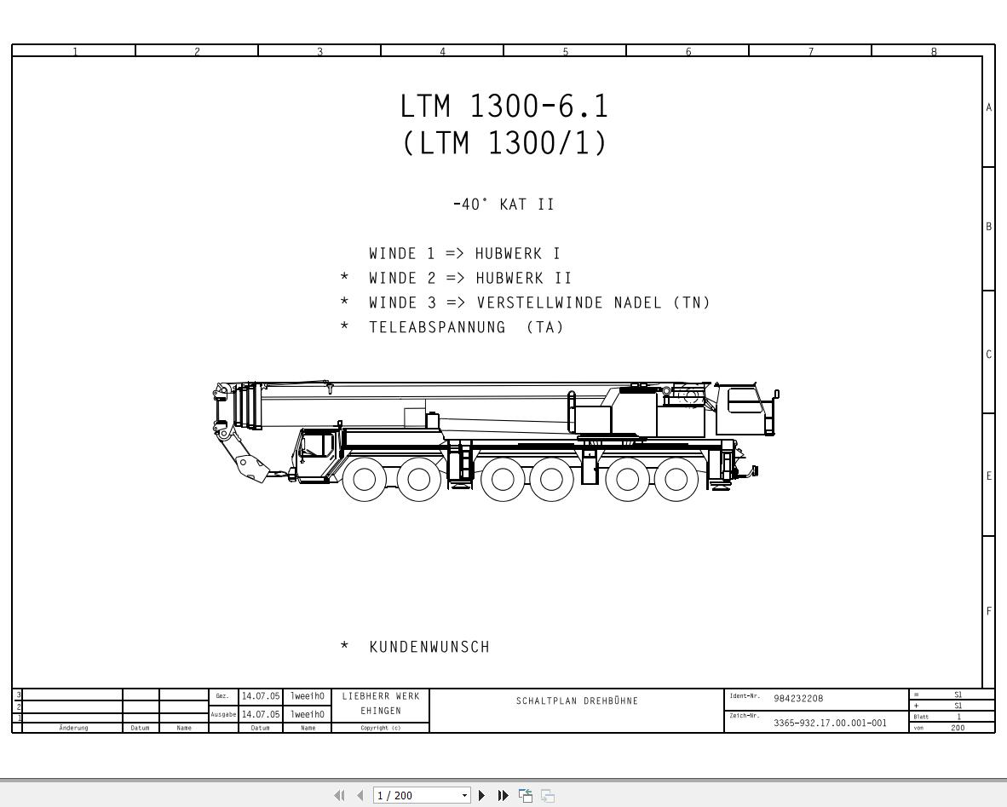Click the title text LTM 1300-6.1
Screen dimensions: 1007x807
point(504,106)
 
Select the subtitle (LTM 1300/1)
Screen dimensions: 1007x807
point(504,142)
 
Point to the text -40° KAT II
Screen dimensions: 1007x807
point(503,205)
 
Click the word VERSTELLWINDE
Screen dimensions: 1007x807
point(539,303)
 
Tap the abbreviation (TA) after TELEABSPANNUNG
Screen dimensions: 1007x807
point(545,327)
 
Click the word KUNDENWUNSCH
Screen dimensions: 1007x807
point(429,647)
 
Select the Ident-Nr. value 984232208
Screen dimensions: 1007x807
point(798,699)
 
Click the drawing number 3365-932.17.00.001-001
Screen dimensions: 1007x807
point(830,723)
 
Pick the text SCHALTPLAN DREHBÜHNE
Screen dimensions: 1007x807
point(577,701)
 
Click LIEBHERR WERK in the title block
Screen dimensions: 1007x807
point(381,696)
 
